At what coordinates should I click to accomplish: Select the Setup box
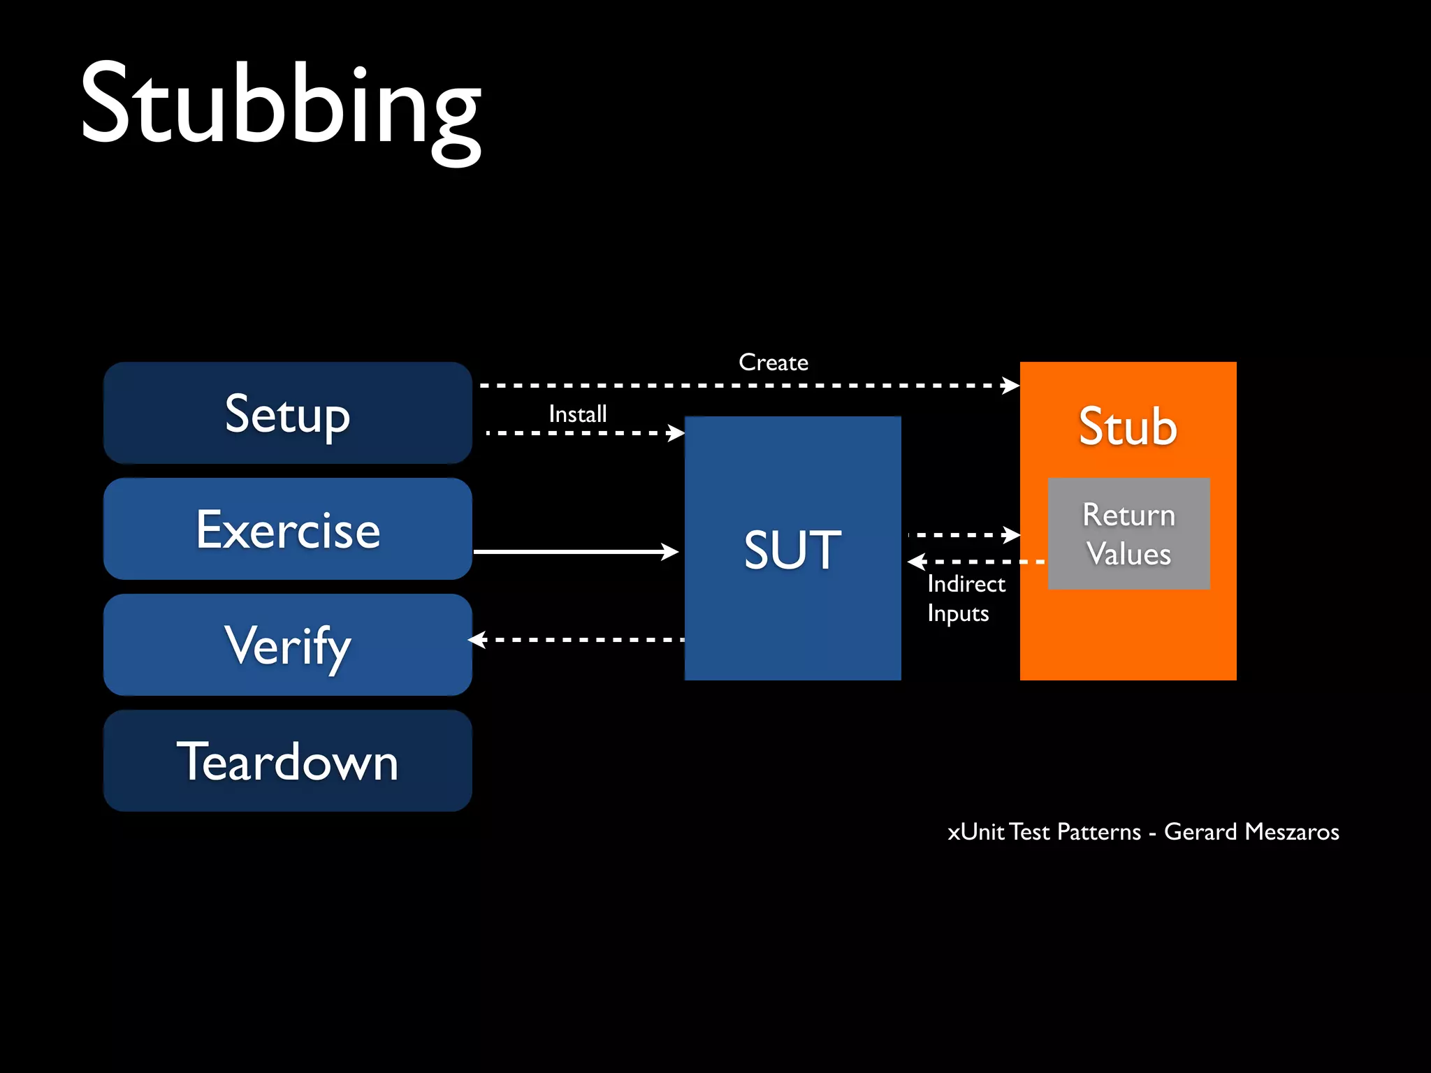[x=287, y=413]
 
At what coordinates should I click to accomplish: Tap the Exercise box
[x=287, y=529]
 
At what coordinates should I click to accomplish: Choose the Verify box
[x=287, y=645]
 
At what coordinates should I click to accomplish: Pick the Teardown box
[x=287, y=761]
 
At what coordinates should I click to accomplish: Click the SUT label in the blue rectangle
[x=792, y=550]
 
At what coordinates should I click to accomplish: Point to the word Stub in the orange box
[x=1128, y=426]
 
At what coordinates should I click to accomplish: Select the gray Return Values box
[x=1128, y=534]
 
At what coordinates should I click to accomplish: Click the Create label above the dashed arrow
[x=773, y=363]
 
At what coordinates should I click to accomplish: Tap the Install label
[x=577, y=414]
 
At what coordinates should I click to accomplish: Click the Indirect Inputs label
[x=966, y=598]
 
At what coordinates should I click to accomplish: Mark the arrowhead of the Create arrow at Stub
[x=1011, y=385]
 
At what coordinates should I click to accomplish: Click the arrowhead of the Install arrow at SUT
[x=676, y=433]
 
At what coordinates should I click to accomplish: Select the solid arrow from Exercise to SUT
[x=573, y=552]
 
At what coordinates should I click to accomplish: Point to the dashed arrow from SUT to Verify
[x=580, y=639]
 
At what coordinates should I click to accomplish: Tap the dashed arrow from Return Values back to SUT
[x=978, y=562]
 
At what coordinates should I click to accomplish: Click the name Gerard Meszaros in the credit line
[x=1251, y=831]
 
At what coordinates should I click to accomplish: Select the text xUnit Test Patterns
[x=1044, y=831]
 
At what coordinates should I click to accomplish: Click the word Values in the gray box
[x=1128, y=554]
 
